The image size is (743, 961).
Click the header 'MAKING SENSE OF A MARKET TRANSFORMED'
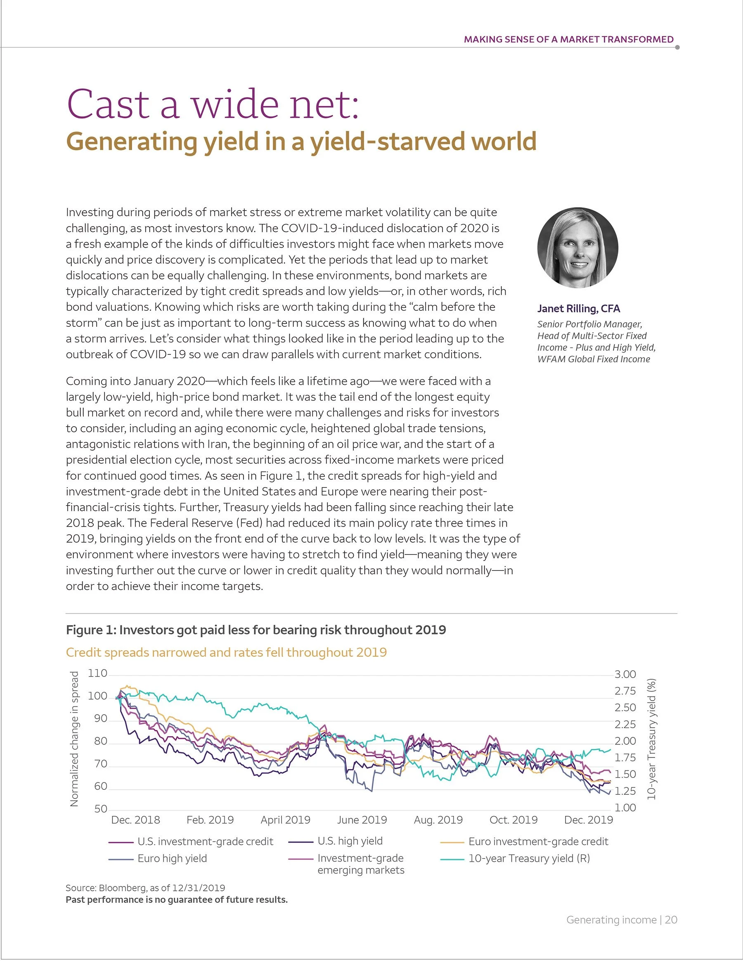tap(568, 39)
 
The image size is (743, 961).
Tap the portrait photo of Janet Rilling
tap(577, 248)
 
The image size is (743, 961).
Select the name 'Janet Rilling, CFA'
tap(578, 309)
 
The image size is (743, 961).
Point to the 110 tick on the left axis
tap(98, 673)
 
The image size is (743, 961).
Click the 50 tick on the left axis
tap(100, 809)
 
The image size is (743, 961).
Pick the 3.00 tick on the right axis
tap(625, 674)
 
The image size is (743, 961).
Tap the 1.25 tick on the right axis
tap(625, 791)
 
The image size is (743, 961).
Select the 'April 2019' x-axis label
tap(285, 820)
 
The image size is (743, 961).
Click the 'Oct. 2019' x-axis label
tap(513, 820)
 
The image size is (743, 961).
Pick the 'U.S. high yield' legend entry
tap(350, 841)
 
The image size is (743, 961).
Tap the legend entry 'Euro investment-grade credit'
tap(538, 841)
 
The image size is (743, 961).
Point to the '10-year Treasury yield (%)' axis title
tap(651, 739)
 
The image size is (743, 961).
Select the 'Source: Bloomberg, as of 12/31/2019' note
tap(145, 888)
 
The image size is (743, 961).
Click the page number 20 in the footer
tap(671, 920)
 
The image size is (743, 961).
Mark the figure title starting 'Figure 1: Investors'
tap(256, 630)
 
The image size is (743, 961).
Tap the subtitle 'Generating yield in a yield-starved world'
tap(301, 141)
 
